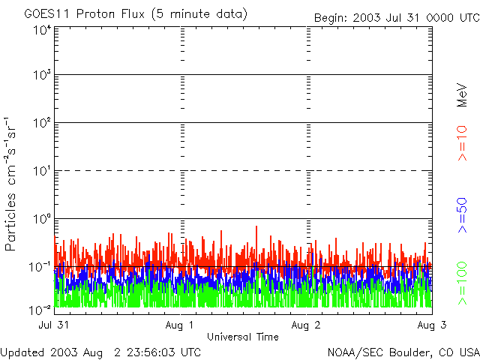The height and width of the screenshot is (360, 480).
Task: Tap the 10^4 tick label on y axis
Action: (42, 31)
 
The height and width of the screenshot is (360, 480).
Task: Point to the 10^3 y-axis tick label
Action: (42, 75)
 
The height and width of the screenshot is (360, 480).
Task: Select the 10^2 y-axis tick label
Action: (42, 123)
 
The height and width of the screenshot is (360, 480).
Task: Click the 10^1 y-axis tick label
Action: (43, 171)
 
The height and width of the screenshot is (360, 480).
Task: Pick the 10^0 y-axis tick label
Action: (42, 219)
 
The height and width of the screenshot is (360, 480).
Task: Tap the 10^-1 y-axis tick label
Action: (40, 267)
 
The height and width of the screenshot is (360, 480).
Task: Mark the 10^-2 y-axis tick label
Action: (40, 310)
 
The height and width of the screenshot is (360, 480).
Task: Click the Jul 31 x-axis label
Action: (55, 325)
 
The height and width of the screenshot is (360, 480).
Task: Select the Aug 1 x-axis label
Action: (181, 325)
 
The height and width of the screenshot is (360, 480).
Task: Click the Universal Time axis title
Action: (243, 337)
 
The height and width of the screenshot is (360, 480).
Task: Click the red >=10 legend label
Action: (462, 143)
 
